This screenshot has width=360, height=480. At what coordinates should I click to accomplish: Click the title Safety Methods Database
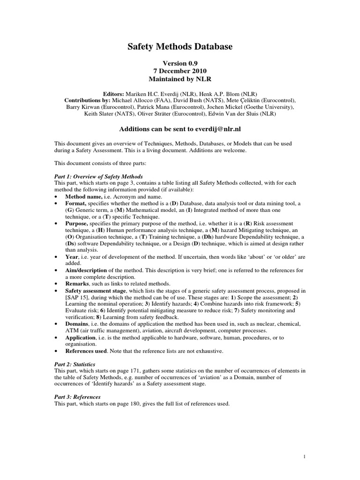pyautogui.click(x=180, y=47)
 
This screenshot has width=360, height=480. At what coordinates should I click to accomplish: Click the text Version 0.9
pyautogui.click(x=180, y=63)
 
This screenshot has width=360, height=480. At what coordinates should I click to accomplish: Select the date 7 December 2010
pyautogui.click(x=180, y=71)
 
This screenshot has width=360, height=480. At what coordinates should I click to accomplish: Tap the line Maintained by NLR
pyautogui.click(x=180, y=79)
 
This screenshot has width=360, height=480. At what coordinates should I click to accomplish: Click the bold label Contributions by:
pyautogui.click(x=87, y=100)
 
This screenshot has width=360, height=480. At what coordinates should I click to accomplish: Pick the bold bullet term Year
pyautogui.click(x=71, y=257)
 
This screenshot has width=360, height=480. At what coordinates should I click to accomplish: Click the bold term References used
pyautogui.click(x=85, y=351)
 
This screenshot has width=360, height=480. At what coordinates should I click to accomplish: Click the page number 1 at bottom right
pyautogui.click(x=304, y=457)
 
